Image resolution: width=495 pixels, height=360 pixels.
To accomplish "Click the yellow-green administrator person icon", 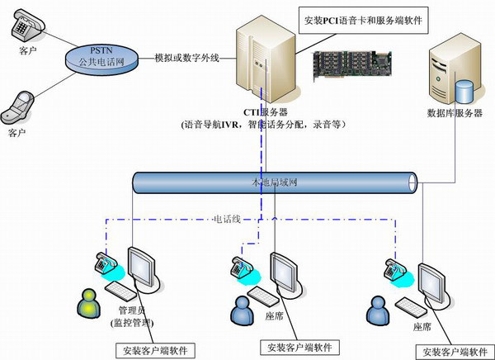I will point(87,302).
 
